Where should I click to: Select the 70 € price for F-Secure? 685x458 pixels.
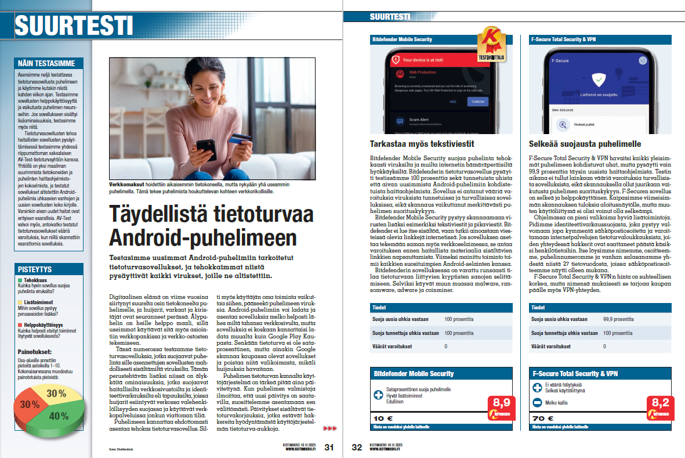[x=544, y=418]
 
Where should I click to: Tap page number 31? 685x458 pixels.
[x=329, y=448]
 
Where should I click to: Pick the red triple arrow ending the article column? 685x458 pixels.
[x=329, y=428]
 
